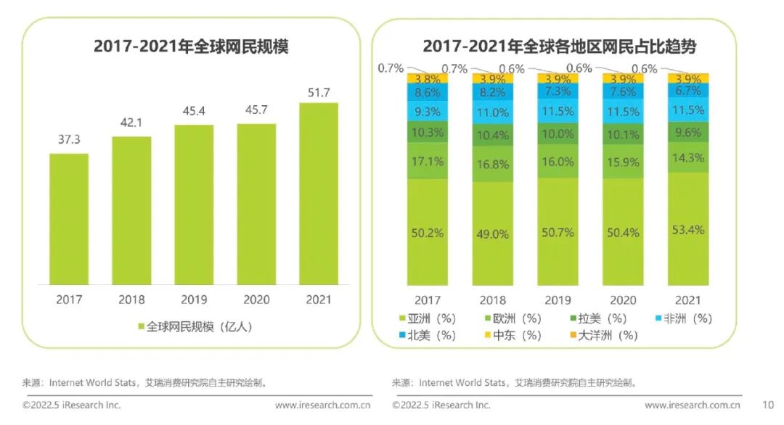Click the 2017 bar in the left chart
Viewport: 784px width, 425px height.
click(x=69, y=219)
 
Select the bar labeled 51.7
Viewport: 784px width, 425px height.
click(x=319, y=194)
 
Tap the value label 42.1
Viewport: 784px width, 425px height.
click(x=131, y=123)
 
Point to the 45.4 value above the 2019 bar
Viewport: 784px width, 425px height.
click(x=194, y=111)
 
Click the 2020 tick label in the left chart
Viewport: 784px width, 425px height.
click(x=256, y=300)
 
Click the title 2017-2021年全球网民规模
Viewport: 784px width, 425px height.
click(x=191, y=46)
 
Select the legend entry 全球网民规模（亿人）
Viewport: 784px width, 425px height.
click(x=195, y=326)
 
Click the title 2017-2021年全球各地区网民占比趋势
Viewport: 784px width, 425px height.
click(x=560, y=46)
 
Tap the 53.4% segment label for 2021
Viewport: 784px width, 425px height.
click(x=688, y=230)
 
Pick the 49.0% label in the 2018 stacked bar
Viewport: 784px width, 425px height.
click(x=492, y=234)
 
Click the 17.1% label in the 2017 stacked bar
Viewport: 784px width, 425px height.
click(x=428, y=161)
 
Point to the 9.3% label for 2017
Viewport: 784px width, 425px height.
click(x=428, y=112)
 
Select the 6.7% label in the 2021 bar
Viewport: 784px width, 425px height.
click(x=688, y=91)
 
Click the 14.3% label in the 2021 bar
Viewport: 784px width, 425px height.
click(x=688, y=158)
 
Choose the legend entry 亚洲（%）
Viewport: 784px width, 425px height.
click(x=428, y=318)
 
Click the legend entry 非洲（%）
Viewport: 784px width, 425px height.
click(x=684, y=318)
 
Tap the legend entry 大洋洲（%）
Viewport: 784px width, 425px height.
click(x=604, y=335)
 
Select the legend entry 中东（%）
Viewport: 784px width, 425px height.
click(x=513, y=335)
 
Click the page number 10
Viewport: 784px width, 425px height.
click(x=768, y=405)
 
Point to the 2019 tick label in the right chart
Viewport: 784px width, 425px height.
click(x=558, y=300)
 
